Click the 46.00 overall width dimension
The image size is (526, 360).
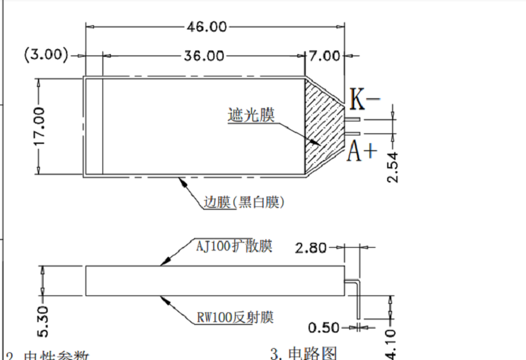[206, 27]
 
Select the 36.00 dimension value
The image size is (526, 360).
[204, 55]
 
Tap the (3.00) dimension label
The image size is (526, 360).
[46, 55]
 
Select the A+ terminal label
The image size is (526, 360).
[363, 151]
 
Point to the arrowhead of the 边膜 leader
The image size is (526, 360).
[182, 180]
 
